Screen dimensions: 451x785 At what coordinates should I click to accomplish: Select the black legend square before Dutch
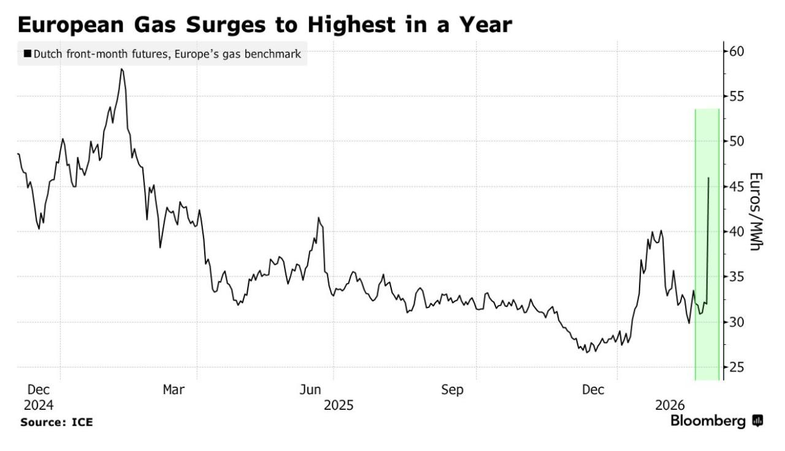pyautogui.click(x=27, y=55)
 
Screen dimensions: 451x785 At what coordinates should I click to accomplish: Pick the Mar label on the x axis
pyautogui.click(x=174, y=390)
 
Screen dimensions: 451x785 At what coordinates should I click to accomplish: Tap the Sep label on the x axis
pyautogui.click(x=453, y=390)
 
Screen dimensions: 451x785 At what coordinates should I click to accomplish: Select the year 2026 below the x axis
pyautogui.click(x=670, y=405)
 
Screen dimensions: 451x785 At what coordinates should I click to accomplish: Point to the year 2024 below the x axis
pyautogui.click(x=39, y=405)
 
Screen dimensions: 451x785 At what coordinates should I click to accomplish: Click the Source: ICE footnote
pyautogui.click(x=56, y=422)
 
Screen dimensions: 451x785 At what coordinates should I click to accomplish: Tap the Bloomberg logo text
pyautogui.click(x=708, y=421)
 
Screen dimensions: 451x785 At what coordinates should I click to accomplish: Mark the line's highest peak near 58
pyautogui.click(x=122, y=69)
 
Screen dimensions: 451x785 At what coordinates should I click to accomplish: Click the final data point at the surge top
pyautogui.click(x=709, y=179)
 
